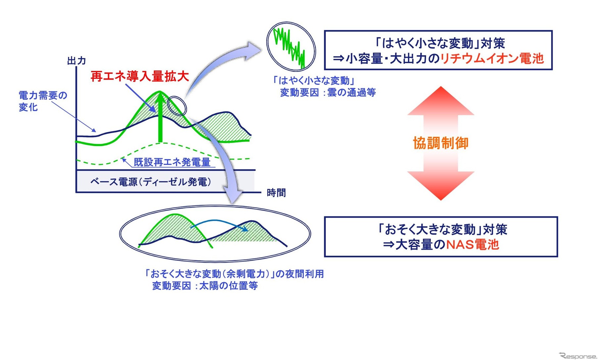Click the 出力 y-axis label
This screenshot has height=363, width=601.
coord(76,61)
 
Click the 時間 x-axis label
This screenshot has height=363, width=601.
coord(276,193)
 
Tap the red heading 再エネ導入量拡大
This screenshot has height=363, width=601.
coord(139,77)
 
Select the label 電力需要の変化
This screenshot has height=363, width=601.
coord(42,101)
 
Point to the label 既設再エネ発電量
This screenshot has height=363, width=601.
coord(172,162)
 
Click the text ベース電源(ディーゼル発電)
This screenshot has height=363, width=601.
coord(151,182)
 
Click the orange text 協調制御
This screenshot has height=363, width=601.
coord(440,143)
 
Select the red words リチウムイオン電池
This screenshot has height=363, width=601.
coord(492,59)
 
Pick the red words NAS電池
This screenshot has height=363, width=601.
coord(473,245)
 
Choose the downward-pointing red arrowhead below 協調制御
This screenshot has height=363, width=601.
coord(441,185)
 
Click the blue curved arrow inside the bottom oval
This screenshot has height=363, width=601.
coord(219,223)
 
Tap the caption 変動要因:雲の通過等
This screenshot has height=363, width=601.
coord(328,93)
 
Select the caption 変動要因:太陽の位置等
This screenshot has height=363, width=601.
coord(205,286)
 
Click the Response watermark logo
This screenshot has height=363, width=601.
coord(578,356)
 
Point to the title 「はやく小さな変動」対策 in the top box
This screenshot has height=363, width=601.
coord(439,43)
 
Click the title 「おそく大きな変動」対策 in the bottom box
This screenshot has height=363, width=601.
coord(442,230)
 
